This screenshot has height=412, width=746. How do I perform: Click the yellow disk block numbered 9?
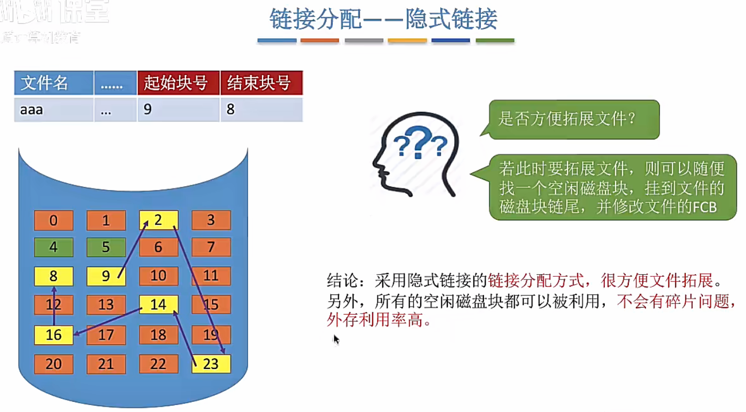pos(106,276)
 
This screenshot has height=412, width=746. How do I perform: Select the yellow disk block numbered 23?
pos(211,364)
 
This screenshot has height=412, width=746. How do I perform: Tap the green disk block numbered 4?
pos(53,248)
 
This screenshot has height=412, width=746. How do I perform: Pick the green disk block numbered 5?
pos(106,248)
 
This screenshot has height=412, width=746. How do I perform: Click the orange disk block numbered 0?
pos(53,220)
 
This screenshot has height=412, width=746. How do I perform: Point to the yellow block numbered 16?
pos(53,335)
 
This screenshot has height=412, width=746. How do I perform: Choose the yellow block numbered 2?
pos(158,220)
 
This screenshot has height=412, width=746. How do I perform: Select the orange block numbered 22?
pos(158,364)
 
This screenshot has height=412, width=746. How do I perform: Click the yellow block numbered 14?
pos(158,304)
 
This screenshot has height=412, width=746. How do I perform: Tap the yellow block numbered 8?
pos(53,276)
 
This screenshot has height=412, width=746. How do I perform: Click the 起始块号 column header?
pos(178,84)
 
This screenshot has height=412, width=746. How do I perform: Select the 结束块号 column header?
pos(261,84)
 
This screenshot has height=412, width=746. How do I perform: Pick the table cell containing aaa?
pos(53,110)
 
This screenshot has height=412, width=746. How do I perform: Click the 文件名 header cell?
pos(53,84)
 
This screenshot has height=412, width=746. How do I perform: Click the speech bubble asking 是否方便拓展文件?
pos(573,119)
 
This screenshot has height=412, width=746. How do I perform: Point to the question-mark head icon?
pos(415,154)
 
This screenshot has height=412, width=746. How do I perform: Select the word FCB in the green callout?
pos(704,207)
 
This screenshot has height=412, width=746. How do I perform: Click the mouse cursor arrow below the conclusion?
pos(336,339)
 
